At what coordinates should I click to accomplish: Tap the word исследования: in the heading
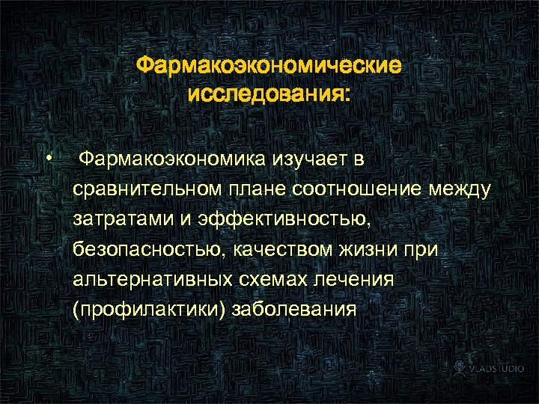click(x=269, y=96)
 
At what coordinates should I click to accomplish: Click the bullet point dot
click(x=47, y=158)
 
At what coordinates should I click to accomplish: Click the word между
click(x=457, y=190)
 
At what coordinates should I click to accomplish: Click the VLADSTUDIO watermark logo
click(x=490, y=368)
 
